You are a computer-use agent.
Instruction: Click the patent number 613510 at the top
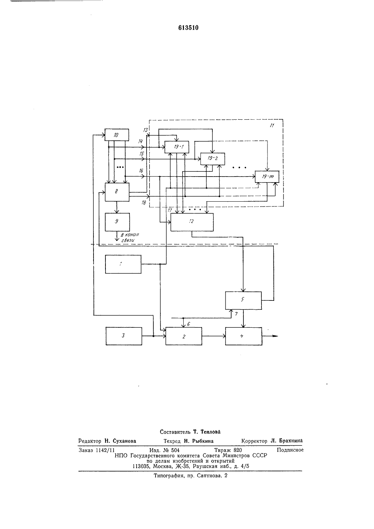(x=188, y=28)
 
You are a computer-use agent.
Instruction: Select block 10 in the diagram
(x=117, y=135)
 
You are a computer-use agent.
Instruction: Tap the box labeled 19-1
(x=177, y=147)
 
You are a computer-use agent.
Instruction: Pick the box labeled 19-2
(x=212, y=159)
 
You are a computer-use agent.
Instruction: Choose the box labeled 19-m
(x=267, y=177)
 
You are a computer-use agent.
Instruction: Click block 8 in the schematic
(x=117, y=192)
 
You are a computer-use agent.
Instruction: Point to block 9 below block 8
(x=117, y=222)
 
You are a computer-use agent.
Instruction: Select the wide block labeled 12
(x=192, y=222)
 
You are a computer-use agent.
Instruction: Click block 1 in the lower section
(x=123, y=264)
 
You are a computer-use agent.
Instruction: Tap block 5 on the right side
(x=243, y=300)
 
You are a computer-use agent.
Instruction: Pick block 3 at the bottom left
(x=124, y=336)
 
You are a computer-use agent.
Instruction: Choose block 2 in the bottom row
(x=184, y=336)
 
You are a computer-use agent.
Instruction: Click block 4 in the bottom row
(x=243, y=336)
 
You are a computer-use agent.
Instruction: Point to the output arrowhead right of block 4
(x=276, y=336)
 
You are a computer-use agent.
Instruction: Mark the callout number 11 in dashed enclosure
(x=272, y=125)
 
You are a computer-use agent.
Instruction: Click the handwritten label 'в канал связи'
(x=130, y=238)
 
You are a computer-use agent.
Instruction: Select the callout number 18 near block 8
(x=144, y=203)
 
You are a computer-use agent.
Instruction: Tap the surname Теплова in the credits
(x=210, y=432)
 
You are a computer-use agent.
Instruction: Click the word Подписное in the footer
(x=290, y=450)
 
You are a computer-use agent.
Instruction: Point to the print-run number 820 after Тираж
(x=237, y=450)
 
